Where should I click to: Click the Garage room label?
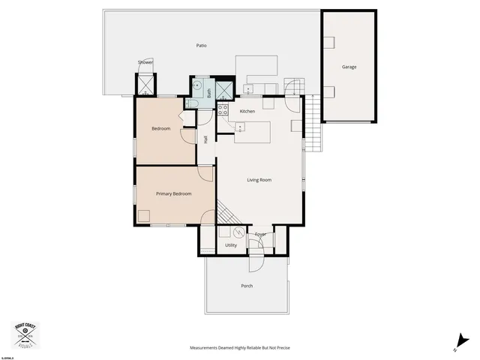[349, 67]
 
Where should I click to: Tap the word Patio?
[201, 46]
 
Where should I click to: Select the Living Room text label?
[259, 180]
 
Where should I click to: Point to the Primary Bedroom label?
[173, 193]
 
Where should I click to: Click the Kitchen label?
[247, 111]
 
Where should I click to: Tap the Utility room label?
[231, 245]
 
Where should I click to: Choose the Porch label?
[247, 286]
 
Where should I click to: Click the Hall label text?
[205, 139]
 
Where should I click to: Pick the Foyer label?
[260, 235]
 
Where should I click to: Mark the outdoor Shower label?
[145, 62]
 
